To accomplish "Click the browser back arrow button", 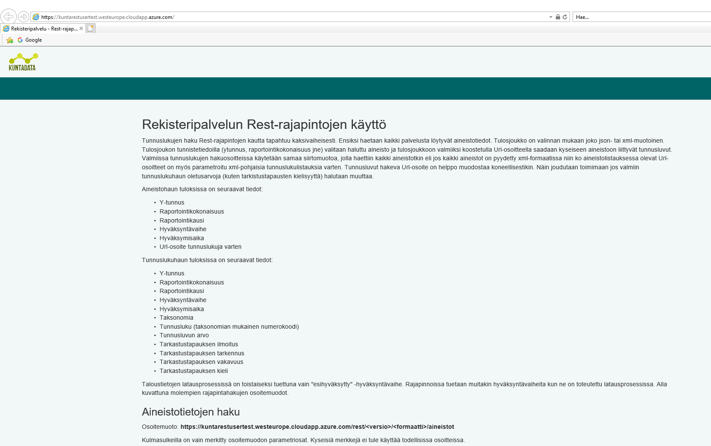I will [x=8, y=17].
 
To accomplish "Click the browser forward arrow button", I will [x=24, y=17].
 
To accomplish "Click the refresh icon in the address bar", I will [x=565, y=17].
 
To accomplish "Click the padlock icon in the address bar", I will [x=558, y=17].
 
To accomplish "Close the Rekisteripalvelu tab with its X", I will [x=81, y=29].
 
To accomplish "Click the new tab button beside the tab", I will [x=90, y=28].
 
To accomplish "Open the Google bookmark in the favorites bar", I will [x=30, y=40].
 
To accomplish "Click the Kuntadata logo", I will [x=23, y=62].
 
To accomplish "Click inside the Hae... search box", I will [x=641, y=17].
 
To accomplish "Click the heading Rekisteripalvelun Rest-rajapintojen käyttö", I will [x=264, y=125].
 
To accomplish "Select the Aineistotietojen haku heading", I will [x=191, y=412].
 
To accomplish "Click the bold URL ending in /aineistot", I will [x=317, y=427].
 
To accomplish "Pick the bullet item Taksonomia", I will [x=176, y=318].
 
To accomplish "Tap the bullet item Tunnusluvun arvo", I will [x=184, y=335].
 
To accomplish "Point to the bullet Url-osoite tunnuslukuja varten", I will [x=200, y=247].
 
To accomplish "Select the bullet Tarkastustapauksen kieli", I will [x=193, y=371].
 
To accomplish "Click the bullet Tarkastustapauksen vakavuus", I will [x=201, y=362].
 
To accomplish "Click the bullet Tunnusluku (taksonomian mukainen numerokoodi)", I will [x=229, y=327].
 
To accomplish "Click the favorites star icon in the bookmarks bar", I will [x=10, y=40].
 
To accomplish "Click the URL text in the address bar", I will [x=107, y=17].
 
